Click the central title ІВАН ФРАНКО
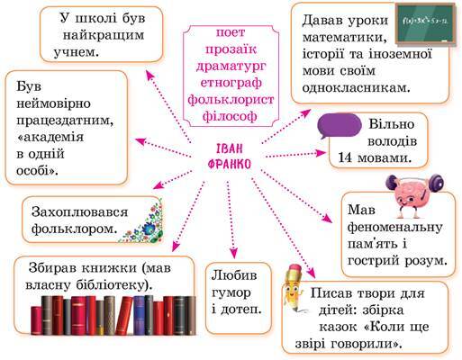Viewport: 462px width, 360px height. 230,157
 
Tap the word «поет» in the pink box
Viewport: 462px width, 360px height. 231,32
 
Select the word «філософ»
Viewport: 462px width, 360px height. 230,116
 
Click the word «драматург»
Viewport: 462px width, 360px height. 231,67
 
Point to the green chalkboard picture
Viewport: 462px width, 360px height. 425,23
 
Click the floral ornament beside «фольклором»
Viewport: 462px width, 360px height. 143,222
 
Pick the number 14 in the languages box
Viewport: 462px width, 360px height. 345,157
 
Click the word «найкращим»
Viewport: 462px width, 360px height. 104,36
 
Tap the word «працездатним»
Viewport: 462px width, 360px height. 65,121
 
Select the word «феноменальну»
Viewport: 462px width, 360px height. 394,227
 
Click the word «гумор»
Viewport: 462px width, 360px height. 231,292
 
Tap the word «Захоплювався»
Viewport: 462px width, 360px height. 79,212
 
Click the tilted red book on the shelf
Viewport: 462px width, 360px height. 124,316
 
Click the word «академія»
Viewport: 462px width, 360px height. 50,138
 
